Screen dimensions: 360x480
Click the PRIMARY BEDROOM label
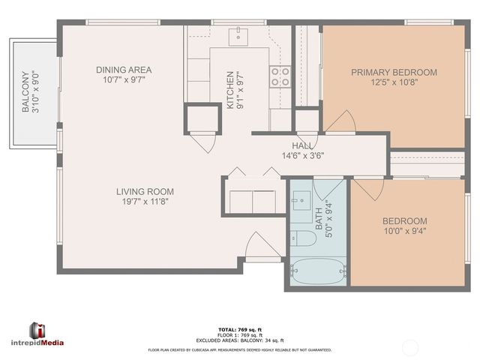(394, 72)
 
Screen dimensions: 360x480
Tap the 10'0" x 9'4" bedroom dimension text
(404, 233)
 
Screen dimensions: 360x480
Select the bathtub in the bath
(316, 271)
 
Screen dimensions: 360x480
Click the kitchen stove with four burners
(280, 76)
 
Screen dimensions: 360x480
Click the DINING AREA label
(124, 70)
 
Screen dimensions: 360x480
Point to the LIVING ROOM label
(145, 191)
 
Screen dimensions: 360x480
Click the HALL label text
(303, 145)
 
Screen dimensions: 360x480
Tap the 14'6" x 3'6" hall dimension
(303, 156)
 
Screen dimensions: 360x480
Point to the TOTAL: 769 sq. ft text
(238, 329)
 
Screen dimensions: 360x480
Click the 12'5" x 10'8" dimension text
(394, 83)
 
